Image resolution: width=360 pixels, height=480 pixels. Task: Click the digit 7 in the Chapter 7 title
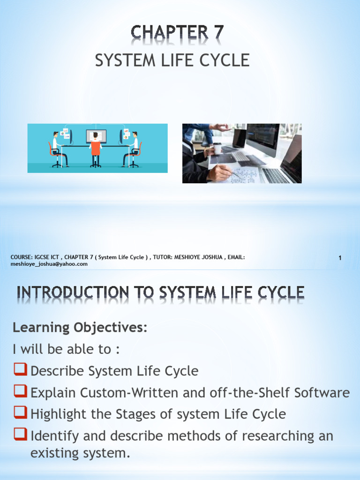click(217, 33)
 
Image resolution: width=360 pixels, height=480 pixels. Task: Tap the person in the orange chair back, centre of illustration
click(96, 148)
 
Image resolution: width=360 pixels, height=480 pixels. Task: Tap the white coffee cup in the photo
click(217, 148)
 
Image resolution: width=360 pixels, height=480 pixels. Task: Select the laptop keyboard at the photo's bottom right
click(279, 175)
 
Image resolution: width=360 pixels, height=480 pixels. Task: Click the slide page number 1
click(340, 258)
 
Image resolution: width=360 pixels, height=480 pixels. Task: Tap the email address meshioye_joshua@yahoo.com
click(49, 264)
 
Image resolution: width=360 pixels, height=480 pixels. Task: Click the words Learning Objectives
click(80, 328)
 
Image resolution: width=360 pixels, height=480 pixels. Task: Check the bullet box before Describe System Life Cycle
click(20, 370)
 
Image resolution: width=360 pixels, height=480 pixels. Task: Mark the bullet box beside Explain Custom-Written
click(20, 392)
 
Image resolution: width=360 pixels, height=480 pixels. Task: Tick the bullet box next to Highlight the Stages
click(20, 413)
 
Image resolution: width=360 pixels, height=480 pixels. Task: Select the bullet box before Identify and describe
click(20, 435)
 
